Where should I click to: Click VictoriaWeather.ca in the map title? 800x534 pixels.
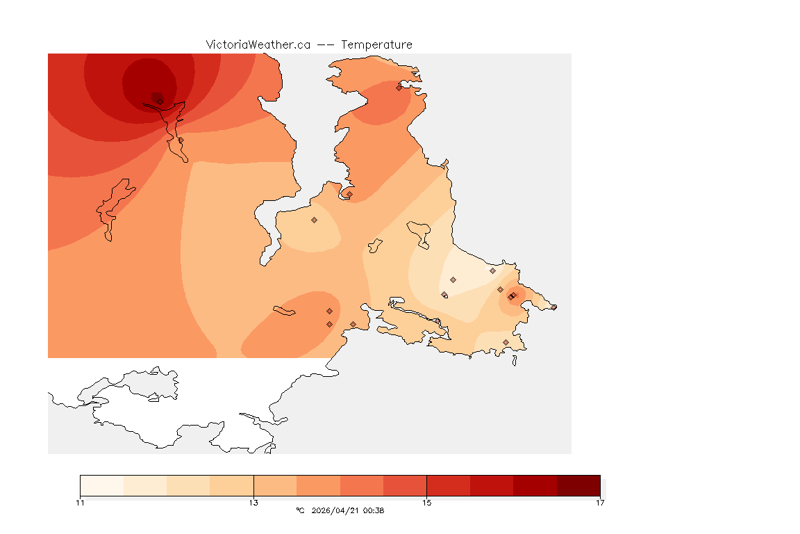point(258,44)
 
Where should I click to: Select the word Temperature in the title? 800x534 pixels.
point(376,44)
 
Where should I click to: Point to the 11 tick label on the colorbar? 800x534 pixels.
point(81,503)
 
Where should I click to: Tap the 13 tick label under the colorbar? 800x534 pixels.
point(253,503)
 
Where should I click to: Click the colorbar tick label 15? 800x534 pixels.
point(426,503)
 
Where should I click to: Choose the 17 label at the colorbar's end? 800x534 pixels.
point(599,503)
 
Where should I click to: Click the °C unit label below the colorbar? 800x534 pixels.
point(300,510)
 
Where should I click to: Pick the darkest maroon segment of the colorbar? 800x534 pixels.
point(578,485)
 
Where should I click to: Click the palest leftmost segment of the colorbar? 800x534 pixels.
point(102,485)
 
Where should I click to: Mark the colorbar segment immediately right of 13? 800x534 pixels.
point(275,485)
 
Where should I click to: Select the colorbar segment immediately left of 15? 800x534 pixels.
point(405,485)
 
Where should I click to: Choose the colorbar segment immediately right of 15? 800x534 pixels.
point(448,485)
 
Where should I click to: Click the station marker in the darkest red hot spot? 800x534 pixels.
point(160,102)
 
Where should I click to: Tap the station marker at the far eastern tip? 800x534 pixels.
point(553,307)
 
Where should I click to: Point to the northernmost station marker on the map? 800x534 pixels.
point(399,88)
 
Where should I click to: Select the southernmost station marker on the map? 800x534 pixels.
point(506,342)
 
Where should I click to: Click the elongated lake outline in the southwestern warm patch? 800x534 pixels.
point(285,311)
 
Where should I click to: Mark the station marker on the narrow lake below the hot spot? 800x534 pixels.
point(181,140)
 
